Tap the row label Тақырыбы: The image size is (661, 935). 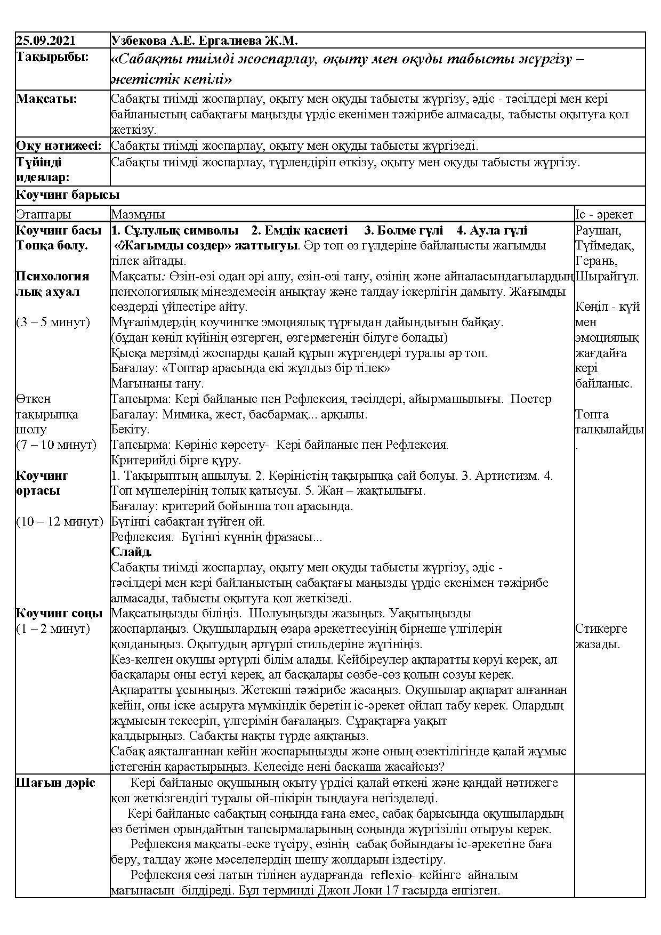52,57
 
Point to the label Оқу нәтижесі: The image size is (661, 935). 59,146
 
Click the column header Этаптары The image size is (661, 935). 43,214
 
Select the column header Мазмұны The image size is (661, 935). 138,214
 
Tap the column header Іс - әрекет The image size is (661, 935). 604,214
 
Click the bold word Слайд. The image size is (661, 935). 132,552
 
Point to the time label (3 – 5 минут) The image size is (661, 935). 53,322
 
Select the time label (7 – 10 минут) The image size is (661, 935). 56,445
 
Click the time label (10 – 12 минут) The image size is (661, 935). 59,521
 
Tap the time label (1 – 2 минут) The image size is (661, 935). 53,628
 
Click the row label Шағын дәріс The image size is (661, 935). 56,783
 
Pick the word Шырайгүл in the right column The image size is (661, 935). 607,277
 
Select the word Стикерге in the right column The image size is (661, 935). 601,628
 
